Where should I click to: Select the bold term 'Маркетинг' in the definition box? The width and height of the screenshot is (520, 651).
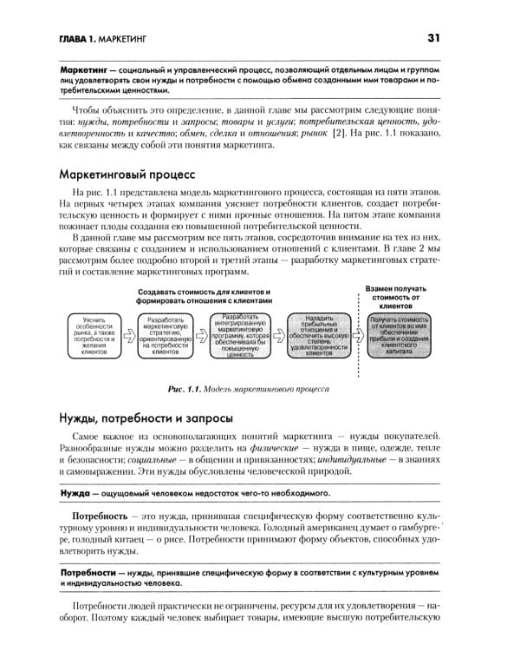click(88, 68)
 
